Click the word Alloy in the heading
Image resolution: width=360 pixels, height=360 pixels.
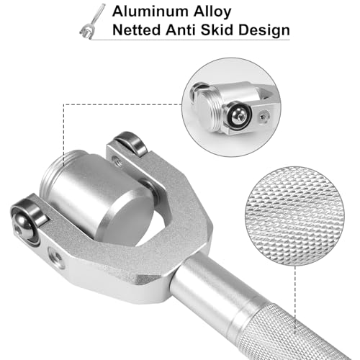pyautogui.click(x=212, y=12)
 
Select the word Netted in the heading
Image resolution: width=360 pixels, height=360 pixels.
pyautogui.click(x=136, y=30)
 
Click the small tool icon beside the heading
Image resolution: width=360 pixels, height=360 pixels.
pyautogui.click(x=92, y=22)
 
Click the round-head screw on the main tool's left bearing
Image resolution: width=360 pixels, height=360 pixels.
pyautogui.click(x=22, y=225)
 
